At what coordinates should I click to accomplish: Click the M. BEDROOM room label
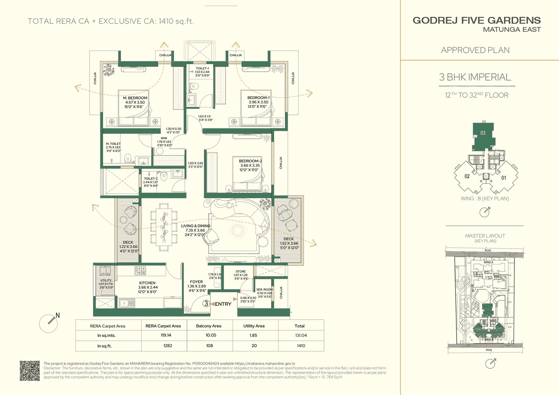click(x=135, y=98)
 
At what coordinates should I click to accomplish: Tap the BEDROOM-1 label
click(x=258, y=98)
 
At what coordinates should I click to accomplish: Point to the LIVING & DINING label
click(x=196, y=226)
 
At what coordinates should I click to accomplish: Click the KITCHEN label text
click(x=147, y=283)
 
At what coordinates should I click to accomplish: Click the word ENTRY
click(x=223, y=304)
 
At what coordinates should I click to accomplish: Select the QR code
click(x=30, y=371)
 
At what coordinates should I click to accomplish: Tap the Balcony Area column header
click(x=210, y=326)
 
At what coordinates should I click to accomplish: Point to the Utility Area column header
click(x=254, y=326)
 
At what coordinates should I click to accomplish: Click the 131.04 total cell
click(x=300, y=336)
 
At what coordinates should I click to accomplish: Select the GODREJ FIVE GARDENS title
click(x=476, y=21)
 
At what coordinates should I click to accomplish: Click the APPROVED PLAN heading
click(x=475, y=50)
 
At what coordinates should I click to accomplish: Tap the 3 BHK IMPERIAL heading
click(x=475, y=77)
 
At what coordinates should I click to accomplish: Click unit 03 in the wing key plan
click(x=483, y=133)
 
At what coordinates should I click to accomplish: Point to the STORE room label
click(x=241, y=271)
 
